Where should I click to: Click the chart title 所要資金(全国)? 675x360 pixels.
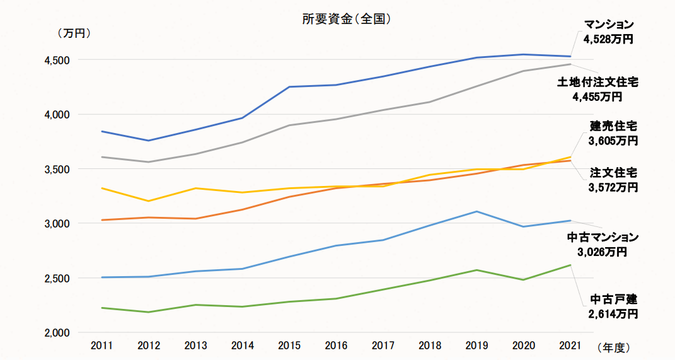347,19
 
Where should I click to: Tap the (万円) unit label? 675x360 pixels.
74,33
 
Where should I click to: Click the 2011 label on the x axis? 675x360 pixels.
102,345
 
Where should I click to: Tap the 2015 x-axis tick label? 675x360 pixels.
289,345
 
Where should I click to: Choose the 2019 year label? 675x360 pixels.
476,345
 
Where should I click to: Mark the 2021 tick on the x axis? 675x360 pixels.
570,345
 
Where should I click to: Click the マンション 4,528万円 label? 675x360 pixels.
608,32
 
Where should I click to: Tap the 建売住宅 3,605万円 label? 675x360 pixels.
613,133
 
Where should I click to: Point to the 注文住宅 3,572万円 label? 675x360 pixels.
613,180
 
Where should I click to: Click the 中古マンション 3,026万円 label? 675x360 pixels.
603,245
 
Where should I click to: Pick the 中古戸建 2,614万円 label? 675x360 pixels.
613,306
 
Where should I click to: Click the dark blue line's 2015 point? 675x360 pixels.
289,87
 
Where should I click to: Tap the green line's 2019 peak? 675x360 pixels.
476,270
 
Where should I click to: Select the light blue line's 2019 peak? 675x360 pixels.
476,212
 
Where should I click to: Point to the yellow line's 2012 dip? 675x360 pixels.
149,201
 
